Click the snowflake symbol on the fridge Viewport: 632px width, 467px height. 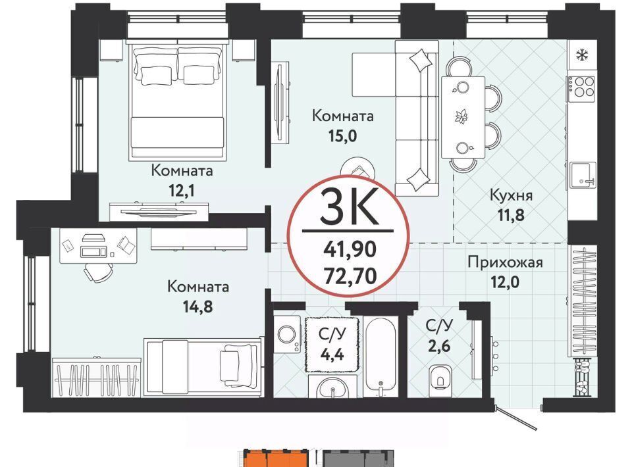(x=581, y=55)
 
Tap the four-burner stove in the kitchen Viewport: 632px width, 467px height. (x=581, y=86)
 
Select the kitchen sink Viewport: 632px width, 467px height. (x=582, y=176)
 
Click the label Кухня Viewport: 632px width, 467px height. (x=511, y=195)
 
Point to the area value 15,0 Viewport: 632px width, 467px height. (x=342, y=136)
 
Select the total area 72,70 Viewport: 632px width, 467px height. (x=350, y=276)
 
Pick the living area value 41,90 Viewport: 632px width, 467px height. (x=350, y=249)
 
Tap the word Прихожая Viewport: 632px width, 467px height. (x=505, y=262)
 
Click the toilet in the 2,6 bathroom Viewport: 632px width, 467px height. (x=440, y=378)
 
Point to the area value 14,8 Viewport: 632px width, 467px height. (x=197, y=307)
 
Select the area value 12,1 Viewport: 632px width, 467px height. (x=182, y=191)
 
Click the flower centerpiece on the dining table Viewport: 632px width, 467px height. (x=461, y=117)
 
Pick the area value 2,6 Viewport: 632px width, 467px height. (x=439, y=345)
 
